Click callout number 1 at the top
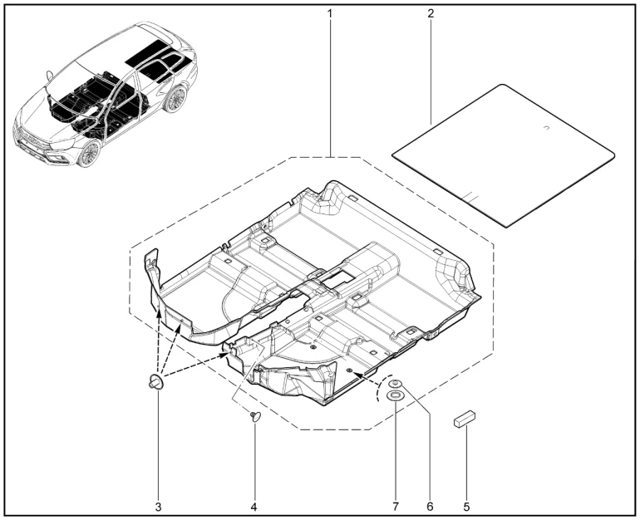pos(329,13)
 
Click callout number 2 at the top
pos(431,13)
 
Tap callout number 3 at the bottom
pos(159,507)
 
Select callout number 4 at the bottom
pos(254,507)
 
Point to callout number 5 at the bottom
pos(466,507)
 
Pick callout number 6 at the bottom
pos(430,507)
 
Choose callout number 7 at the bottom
pos(395,507)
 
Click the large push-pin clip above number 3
pos(156,382)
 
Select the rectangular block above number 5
pos(465,419)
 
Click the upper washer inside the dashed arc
pos(395,384)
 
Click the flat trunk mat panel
pos(503,155)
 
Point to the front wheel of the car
pos(89,154)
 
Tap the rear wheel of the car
pos(176,99)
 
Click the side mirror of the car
pos(50,76)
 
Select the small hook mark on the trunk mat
pos(547,129)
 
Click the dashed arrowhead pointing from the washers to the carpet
pos(355,373)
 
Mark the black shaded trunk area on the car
pos(157,53)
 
